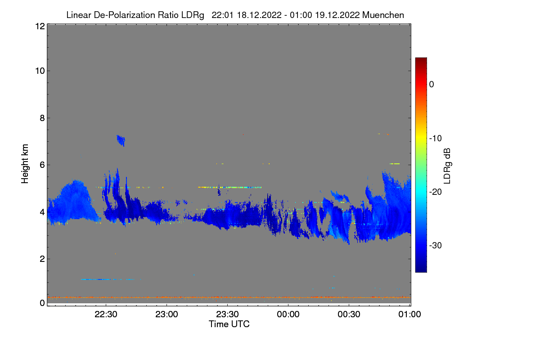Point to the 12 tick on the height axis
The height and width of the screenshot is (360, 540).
[39, 26]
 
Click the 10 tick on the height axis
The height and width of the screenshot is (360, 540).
[39, 71]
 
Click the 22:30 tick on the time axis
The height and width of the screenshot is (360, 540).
[106, 314]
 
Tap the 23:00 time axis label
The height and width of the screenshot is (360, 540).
[166, 314]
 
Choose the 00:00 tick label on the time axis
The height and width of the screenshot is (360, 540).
[288, 314]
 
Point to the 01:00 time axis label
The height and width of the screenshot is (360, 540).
[409, 314]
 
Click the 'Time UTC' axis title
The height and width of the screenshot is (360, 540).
[229, 324]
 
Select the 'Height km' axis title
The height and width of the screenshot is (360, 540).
[25, 164]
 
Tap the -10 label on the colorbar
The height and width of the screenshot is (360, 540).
[436, 138]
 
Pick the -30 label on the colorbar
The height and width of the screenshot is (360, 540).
[436, 246]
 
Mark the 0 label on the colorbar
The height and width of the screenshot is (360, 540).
[432, 84]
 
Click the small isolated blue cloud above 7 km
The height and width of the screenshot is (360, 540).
[121, 140]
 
